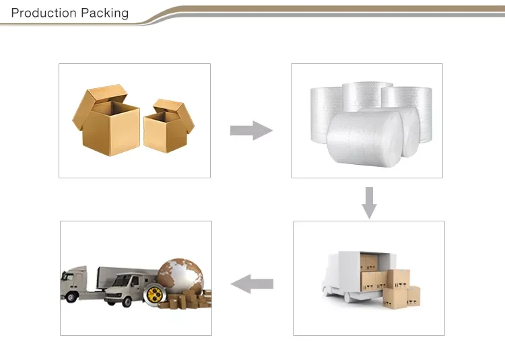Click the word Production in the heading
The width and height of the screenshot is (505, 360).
click(44, 13)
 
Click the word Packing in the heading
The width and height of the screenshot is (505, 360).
click(104, 13)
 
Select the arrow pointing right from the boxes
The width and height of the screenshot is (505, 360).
click(252, 131)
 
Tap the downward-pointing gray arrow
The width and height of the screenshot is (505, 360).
click(369, 203)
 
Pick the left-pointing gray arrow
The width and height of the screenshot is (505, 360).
click(252, 284)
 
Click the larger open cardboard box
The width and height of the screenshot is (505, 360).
click(106, 120)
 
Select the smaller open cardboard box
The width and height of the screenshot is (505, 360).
click(169, 126)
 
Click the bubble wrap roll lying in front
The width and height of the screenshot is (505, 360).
click(365, 139)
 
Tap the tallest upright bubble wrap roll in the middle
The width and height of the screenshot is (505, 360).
click(367, 96)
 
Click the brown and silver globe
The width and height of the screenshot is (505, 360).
click(180, 276)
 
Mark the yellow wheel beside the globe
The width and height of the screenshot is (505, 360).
click(155, 294)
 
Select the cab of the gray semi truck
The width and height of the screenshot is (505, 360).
click(74, 283)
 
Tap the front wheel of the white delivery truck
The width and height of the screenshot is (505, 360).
click(349, 297)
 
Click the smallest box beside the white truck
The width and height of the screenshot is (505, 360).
click(413, 296)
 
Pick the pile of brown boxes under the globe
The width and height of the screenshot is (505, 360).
click(185, 300)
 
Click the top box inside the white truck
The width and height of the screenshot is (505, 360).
click(369, 262)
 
